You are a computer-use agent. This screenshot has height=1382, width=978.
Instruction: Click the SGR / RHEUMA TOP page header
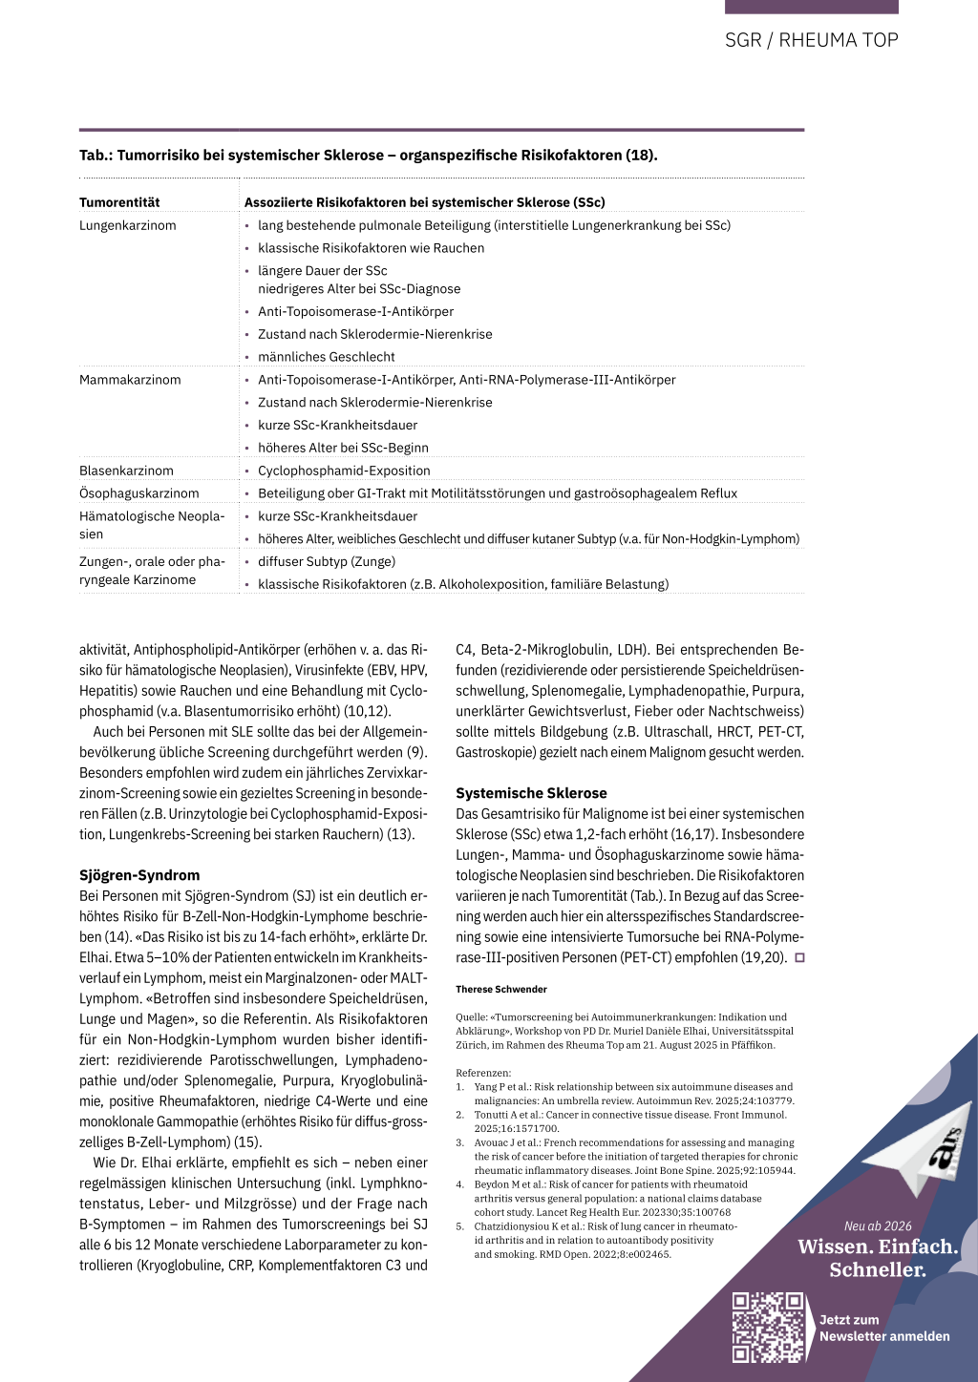click(x=811, y=40)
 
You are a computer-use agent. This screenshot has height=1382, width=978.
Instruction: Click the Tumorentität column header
click(x=119, y=202)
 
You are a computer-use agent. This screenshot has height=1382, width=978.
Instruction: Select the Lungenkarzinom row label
click(x=128, y=225)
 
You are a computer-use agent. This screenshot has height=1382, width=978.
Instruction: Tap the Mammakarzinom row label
click(x=130, y=380)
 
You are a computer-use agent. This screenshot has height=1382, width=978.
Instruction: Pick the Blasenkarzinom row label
click(x=126, y=471)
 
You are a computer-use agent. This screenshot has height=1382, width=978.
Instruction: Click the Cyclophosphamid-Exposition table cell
click(x=344, y=471)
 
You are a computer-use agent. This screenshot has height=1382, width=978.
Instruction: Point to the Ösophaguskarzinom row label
click(x=139, y=493)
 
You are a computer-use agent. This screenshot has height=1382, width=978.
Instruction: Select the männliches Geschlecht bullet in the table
click(x=326, y=357)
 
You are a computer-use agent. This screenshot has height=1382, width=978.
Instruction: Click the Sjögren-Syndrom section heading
click(x=139, y=875)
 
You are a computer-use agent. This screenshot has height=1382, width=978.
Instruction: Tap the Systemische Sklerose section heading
click(x=531, y=793)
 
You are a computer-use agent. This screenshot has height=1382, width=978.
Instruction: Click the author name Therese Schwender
click(x=501, y=990)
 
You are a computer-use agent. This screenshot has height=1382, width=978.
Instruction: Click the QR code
click(x=768, y=1327)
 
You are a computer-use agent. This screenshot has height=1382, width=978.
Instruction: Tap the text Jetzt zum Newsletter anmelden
click(x=884, y=1329)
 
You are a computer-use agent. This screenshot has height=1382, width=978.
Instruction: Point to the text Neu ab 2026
click(x=878, y=1226)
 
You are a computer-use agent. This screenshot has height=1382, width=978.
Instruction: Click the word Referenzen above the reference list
click(x=483, y=1073)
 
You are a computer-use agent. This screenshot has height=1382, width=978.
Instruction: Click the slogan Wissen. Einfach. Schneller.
click(x=878, y=1258)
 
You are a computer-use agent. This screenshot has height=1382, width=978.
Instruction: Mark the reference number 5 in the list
click(x=459, y=1226)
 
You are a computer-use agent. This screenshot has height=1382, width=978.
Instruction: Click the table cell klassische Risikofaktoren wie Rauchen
click(x=371, y=248)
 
